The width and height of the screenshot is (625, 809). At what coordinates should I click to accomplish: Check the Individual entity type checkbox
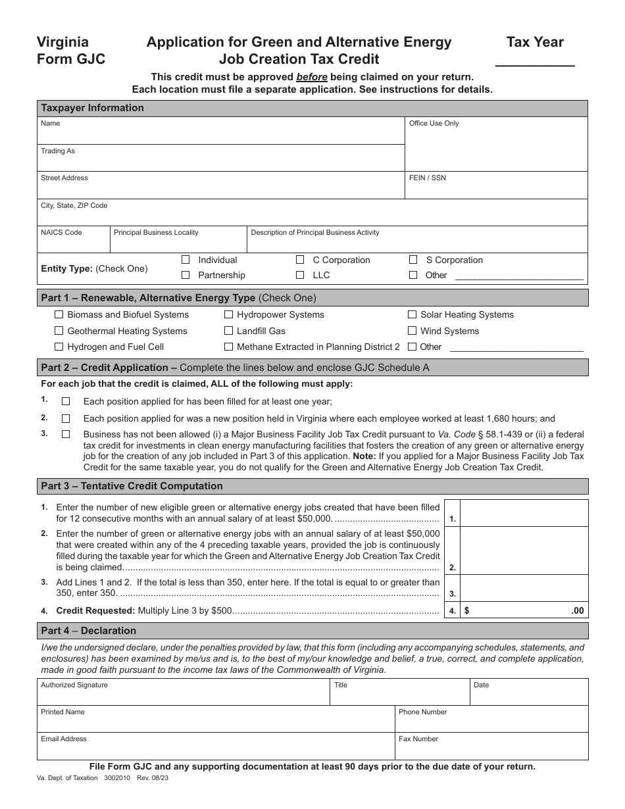tap(186, 260)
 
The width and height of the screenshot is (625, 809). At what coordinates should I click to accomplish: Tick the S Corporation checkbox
tap(413, 260)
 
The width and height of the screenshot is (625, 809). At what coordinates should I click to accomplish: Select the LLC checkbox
tap(300, 275)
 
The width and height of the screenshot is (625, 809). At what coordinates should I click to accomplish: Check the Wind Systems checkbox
tap(413, 331)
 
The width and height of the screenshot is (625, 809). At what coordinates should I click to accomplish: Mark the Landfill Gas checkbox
tap(229, 331)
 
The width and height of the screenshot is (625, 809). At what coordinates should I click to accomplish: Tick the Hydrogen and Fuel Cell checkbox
tap(59, 347)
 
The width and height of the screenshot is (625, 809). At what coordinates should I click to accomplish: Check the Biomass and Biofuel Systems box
tap(59, 314)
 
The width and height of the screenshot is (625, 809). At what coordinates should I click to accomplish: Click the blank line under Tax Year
tap(534, 62)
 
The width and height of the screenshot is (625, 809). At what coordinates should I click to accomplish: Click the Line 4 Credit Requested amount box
tap(523, 610)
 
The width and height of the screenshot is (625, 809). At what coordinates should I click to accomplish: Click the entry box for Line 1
tap(523, 513)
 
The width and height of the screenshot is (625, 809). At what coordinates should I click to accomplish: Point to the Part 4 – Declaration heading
tap(89, 631)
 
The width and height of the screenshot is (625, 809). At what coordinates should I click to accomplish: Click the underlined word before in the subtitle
tap(311, 77)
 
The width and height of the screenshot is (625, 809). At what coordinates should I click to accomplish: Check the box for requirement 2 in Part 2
tap(66, 418)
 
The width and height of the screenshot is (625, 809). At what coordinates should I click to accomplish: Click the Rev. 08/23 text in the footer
tap(153, 777)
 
